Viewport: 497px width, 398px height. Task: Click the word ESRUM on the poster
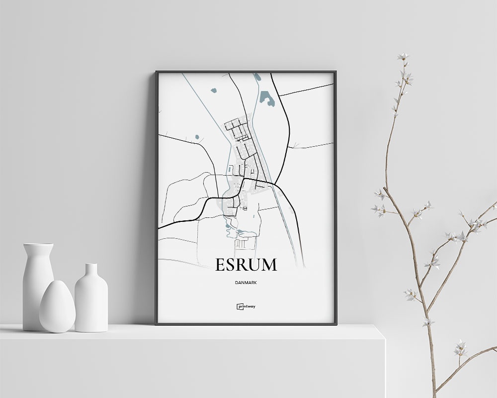click(x=246, y=264)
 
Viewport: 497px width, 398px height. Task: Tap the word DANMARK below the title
click(x=246, y=282)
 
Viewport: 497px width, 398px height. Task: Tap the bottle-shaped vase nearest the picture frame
click(x=91, y=298)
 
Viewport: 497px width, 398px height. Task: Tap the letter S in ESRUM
click(x=232, y=264)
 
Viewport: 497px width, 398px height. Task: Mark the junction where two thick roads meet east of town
click(x=274, y=185)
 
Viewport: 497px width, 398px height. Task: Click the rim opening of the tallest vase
click(x=38, y=245)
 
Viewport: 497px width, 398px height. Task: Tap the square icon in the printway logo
click(x=239, y=306)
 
